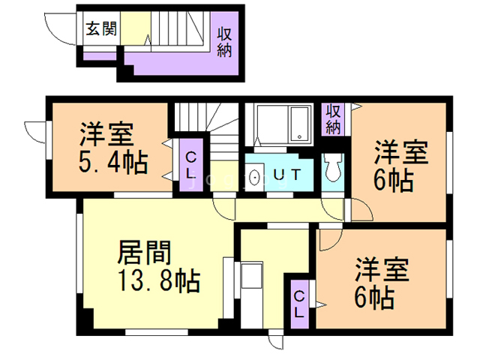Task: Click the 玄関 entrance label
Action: point(101,28)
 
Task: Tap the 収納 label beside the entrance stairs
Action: point(224,42)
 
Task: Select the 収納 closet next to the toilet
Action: point(333,119)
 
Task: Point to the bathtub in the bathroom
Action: point(299,124)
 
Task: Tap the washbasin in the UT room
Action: point(255,177)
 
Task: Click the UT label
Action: point(286,175)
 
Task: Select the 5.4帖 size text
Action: point(113,162)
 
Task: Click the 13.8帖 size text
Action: point(159,280)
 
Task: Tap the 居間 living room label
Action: point(144,253)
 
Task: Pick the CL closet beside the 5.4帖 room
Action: point(191,165)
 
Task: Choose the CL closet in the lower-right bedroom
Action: point(299,304)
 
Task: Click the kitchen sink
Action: point(252,275)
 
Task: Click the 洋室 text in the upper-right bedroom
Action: point(401,153)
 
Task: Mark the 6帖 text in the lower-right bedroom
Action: point(374,298)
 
